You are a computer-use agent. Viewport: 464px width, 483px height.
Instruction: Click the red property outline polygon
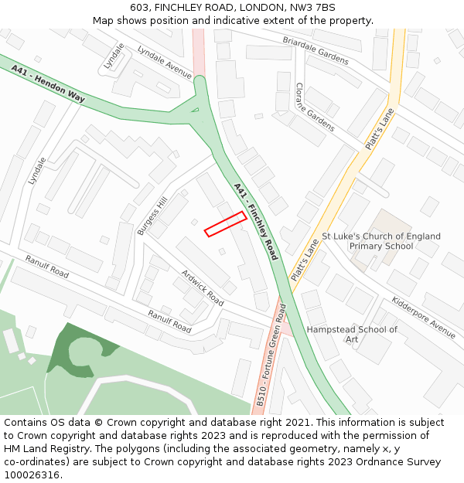point(226,223)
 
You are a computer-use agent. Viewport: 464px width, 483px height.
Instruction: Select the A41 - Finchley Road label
point(255,220)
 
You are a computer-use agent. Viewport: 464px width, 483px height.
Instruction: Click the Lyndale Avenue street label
point(165,62)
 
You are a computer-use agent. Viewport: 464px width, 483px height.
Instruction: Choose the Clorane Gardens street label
point(315,107)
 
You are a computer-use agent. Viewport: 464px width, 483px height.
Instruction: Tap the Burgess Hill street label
point(152,216)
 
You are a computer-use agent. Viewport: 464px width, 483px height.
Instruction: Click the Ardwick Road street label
point(202,287)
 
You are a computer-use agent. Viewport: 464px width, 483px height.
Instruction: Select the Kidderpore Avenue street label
point(424,317)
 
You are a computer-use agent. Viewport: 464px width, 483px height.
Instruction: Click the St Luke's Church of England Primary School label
point(381,241)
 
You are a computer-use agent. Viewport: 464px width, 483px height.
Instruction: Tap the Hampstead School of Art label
point(352,334)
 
